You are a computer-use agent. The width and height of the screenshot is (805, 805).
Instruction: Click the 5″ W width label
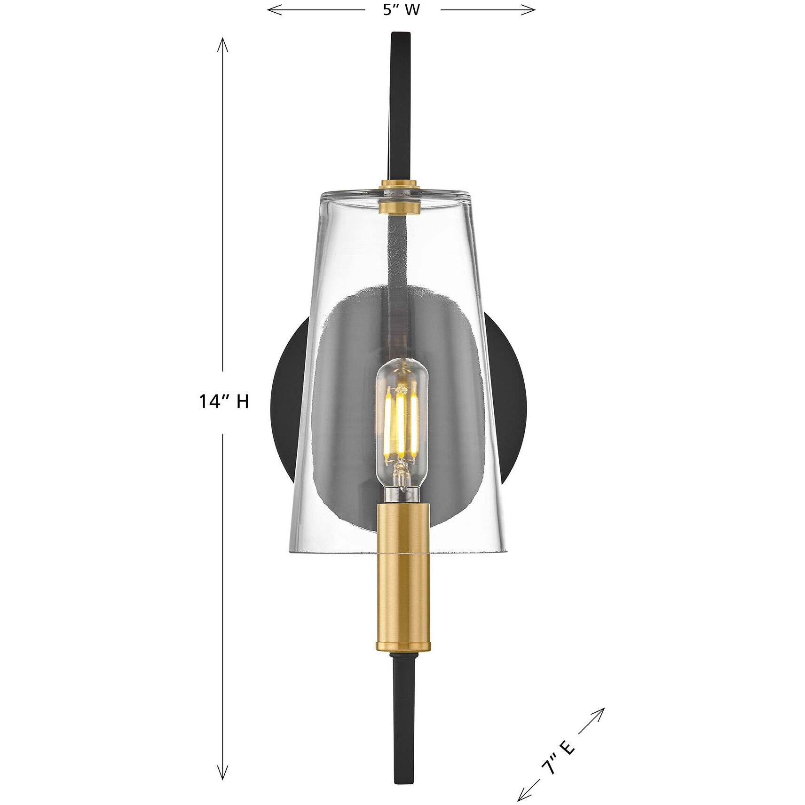(x=401, y=10)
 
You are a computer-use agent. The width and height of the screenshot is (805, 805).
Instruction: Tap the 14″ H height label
(x=223, y=401)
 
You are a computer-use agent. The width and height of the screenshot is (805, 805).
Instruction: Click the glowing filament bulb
(x=401, y=414)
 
